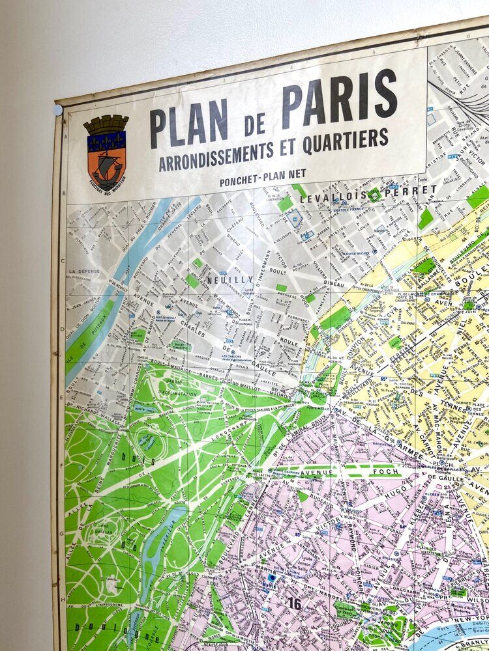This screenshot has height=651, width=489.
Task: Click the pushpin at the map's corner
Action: coord(58,110)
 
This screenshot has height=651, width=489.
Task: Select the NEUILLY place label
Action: coord(221,279)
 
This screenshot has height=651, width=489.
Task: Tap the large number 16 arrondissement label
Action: coord(295,604)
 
